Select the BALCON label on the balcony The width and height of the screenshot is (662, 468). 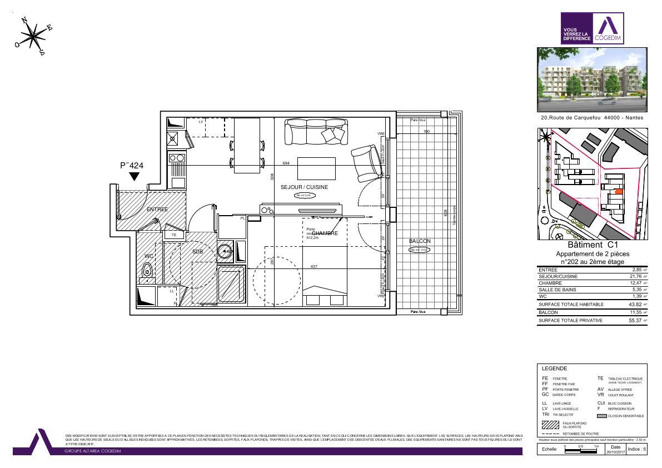[420, 241]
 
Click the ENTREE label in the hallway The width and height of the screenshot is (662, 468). [157, 210]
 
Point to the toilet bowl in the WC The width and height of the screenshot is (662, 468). [148, 271]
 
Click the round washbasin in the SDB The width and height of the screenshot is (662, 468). [225, 251]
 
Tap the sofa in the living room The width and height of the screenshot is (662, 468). [315, 133]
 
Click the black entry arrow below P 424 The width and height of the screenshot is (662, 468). [134, 177]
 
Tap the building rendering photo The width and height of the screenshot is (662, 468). [592, 79]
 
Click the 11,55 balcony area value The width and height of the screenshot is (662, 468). [634, 313]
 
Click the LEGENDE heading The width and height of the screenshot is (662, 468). [554, 369]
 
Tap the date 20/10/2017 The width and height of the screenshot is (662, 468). [615, 451]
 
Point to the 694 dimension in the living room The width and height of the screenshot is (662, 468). [286, 163]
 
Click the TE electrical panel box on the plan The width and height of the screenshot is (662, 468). [173, 235]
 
